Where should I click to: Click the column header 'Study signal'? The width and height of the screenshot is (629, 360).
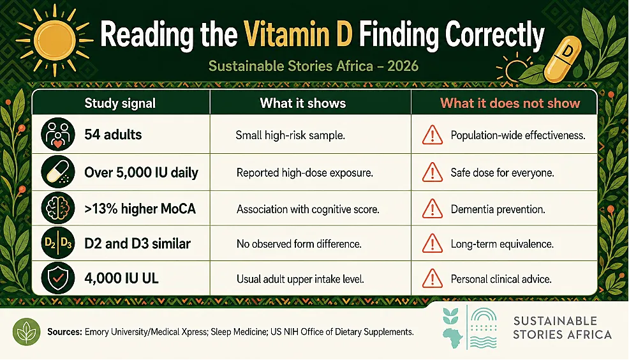119,103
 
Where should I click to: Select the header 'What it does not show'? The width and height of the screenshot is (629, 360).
510,103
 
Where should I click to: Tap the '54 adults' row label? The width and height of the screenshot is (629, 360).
113,135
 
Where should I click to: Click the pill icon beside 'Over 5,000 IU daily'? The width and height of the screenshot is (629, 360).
58,172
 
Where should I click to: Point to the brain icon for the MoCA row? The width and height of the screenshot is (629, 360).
58,208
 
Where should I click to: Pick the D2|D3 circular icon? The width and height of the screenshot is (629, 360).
58,243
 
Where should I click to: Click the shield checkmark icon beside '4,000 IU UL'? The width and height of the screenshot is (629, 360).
58,278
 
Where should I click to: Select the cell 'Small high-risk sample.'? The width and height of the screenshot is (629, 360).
290,135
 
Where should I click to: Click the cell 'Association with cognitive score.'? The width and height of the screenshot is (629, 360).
307,209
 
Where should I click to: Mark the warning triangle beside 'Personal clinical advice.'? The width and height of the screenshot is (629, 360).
433,278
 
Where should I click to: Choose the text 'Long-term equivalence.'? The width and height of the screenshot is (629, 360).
502,244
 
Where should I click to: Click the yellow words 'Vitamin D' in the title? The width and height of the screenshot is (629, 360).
298,35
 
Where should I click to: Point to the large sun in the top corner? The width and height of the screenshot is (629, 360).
55,40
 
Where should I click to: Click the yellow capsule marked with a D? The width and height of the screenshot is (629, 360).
563,59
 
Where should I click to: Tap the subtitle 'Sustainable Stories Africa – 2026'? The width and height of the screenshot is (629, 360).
313,66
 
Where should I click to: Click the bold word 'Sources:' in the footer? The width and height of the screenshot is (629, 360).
64,332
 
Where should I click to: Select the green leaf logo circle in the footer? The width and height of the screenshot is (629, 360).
27,332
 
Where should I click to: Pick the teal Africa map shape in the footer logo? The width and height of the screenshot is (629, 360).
453,338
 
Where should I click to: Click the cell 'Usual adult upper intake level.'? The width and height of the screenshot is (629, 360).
300,279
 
